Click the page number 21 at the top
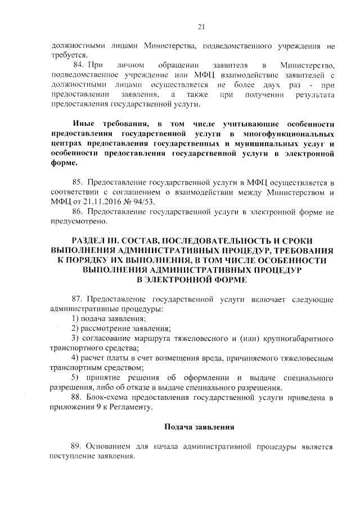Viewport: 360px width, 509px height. pyautogui.click(x=201, y=25)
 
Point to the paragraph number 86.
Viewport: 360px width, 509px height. pyautogui.click(x=78, y=213)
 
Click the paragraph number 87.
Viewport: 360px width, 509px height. pyautogui.click(x=78, y=299)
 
